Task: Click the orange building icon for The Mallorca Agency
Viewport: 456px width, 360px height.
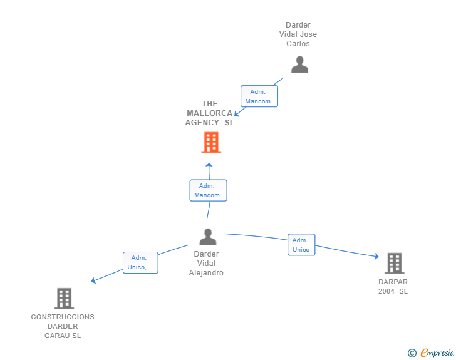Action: pyautogui.click(x=211, y=143)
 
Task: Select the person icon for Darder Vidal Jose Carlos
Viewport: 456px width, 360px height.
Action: pyautogui.click(x=299, y=64)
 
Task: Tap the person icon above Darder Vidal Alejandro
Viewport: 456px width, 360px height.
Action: pyautogui.click(x=207, y=237)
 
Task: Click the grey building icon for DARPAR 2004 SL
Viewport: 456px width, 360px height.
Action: pyautogui.click(x=394, y=264)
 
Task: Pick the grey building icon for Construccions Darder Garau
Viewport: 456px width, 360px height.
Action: pyautogui.click(x=64, y=299)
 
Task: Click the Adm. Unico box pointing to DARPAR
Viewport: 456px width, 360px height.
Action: pyautogui.click(x=301, y=245)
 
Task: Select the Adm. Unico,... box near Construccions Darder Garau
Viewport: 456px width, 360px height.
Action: pyautogui.click(x=140, y=262)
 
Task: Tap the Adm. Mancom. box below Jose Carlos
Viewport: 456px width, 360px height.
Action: pyautogui.click(x=259, y=96)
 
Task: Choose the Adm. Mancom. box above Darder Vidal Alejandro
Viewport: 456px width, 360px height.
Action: pyautogui.click(x=208, y=190)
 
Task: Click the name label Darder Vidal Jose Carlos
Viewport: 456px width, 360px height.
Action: pyautogui.click(x=298, y=34)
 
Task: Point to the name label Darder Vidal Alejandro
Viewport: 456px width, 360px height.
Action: pyautogui.click(x=206, y=264)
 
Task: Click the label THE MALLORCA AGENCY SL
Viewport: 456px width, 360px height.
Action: pyautogui.click(x=210, y=113)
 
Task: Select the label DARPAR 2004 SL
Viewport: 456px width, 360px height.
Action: pyautogui.click(x=393, y=287)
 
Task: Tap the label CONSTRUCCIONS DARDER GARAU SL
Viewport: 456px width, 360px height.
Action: pyautogui.click(x=63, y=326)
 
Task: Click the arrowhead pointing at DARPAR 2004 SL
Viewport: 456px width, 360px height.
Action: pyautogui.click(x=376, y=256)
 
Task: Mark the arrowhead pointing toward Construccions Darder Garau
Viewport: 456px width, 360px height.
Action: pyautogui.click(x=94, y=280)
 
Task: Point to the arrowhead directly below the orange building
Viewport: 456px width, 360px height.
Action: pyautogui.click(x=210, y=166)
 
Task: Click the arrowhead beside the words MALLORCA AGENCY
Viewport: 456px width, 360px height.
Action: pyautogui.click(x=237, y=114)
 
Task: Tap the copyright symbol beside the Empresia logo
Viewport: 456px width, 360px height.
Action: pyautogui.click(x=412, y=353)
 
